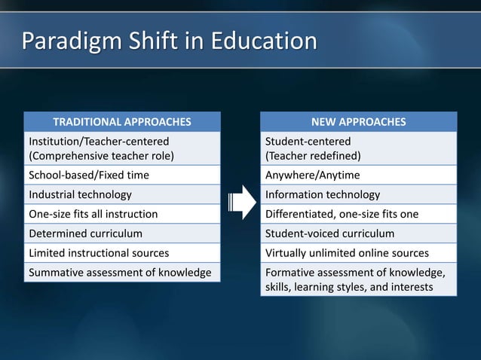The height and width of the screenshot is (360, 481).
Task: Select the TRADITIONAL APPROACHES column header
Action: pos(121,122)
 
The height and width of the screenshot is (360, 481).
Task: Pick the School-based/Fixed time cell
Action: pos(121,175)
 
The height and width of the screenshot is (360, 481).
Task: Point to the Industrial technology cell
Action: pos(121,195)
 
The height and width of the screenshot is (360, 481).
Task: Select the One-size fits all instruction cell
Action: pos(121,214)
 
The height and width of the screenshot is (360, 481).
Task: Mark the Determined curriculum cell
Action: pos(121,233)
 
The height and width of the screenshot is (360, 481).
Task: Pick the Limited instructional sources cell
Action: pos(121,253)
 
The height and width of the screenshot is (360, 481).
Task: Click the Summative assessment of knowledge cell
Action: pos(121,272)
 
